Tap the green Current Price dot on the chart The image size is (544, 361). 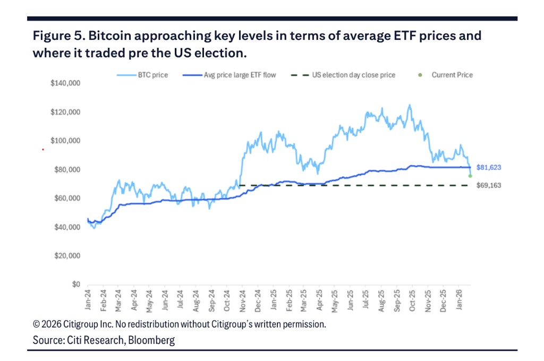click(x=470, y=176)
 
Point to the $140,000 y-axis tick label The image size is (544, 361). click(x=65, y=83)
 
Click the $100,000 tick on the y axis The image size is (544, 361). click(x=65, y=141)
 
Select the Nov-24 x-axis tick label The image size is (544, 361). click(x=243, y=299)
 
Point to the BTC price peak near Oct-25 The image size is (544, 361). click(x=409, y=105)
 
